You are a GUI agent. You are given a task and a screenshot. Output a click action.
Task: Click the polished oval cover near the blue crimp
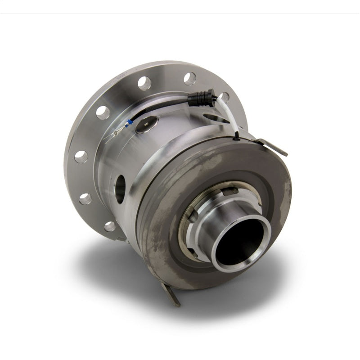click(x=147, y=124)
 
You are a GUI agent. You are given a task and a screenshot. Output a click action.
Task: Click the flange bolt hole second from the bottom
click(x=85, y=198)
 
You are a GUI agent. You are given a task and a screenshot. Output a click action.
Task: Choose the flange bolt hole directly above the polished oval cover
click(x=144, y=83)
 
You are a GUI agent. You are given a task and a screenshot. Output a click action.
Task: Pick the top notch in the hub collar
click(x=230, y=190)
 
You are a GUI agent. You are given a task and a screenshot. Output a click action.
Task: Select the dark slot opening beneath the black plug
click(x=215, y=118)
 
